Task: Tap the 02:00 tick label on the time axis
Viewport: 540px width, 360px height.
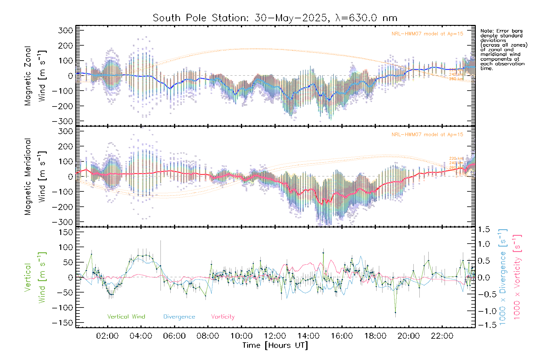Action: tap(107, 336)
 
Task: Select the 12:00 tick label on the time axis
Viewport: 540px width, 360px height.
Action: tap(275, 336)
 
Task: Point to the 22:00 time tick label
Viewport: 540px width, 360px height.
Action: tap(442, 336)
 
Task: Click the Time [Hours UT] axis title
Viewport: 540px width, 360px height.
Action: tap(275, 345)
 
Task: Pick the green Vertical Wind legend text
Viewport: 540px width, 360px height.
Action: tap(126, 317)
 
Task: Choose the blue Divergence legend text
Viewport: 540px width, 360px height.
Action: tap(179, 317)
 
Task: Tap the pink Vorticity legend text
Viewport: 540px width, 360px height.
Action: tap(223, 317)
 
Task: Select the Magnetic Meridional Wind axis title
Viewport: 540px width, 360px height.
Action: tap(35, 177)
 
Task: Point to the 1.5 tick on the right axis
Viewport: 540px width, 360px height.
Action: tap(484, 229)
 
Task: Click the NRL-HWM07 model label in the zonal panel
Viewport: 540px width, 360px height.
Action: tap(427, 34)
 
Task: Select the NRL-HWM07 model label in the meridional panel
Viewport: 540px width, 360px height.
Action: tap(427, 135)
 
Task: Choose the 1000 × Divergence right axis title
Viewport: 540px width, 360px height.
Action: tap(503, 277)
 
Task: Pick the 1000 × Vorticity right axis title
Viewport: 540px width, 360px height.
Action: tap(517, 277)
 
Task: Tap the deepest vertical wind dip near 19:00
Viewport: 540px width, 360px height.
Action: tap(395, 313)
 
